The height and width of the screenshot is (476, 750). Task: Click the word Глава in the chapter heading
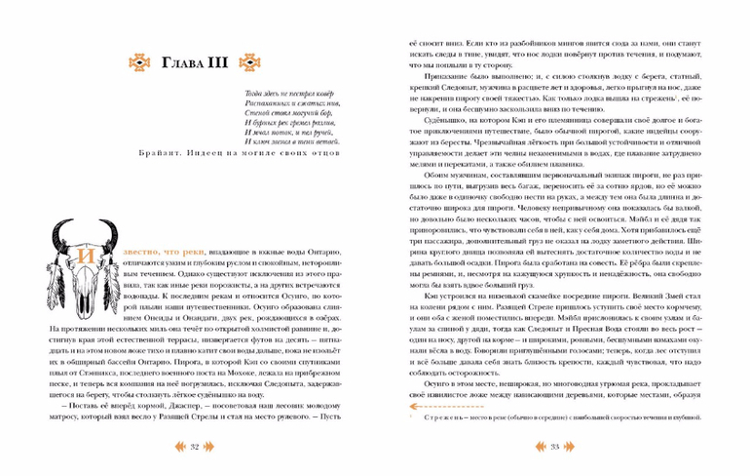click(x=184, y=66)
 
